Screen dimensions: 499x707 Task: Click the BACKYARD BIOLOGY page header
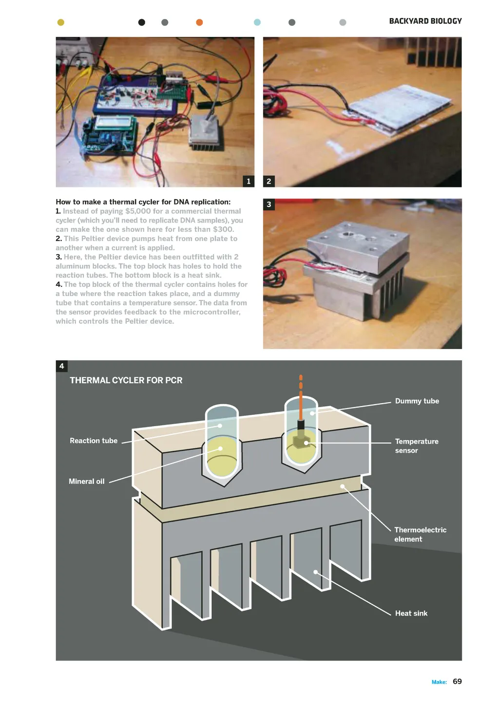[x=425, y=21]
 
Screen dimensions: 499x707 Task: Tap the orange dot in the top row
[x=199, y=22]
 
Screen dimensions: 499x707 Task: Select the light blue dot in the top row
[x=257, y=22]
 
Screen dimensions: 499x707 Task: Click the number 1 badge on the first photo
[x=249, y=181]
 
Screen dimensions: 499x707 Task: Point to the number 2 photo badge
[x=269, y=181]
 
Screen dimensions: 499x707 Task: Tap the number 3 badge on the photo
[x=269, y=204]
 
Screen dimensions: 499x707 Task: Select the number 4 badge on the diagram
[x=61, y=366]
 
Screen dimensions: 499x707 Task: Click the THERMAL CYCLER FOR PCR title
[x=126, y=380]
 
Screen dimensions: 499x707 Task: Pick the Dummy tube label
[x=417, y=401]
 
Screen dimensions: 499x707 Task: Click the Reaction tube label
[x=94, y=440]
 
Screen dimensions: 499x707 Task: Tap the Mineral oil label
[x=87, y=481]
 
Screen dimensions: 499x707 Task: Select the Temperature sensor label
[x=417, y=446]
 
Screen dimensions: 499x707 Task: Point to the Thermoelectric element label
[x=421, y=534]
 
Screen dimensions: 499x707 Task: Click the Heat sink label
[x=411, y=613]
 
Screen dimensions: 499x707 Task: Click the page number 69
[x=457, y=681]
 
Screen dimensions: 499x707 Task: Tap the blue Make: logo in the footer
[x=439, y=682]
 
